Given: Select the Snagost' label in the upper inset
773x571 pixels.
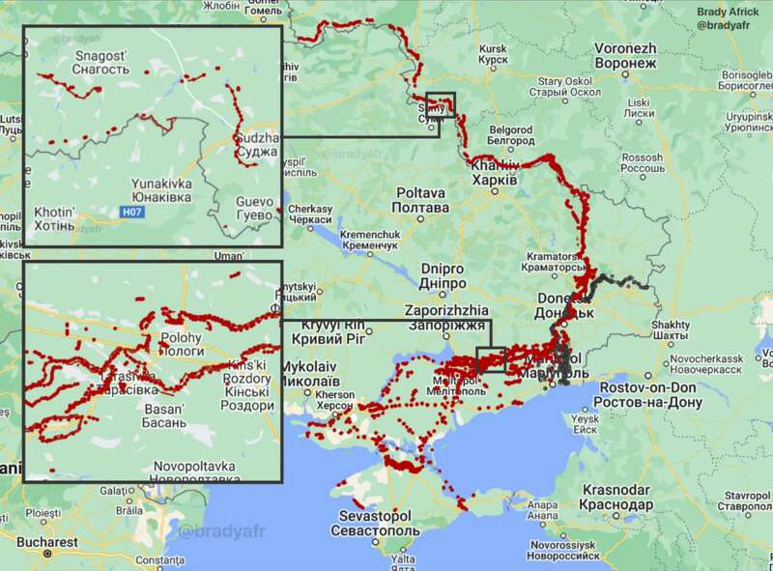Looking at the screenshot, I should [100, 63].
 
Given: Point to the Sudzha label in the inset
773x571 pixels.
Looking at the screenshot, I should [257, 145].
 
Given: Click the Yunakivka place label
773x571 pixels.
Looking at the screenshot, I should [161, 190].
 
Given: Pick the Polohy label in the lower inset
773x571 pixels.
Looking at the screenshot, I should [181, 345].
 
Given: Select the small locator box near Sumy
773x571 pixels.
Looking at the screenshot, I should [440, 104].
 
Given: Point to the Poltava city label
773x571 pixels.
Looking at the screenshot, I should [421, 200].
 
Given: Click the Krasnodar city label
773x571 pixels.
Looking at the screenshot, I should [617, 498].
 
